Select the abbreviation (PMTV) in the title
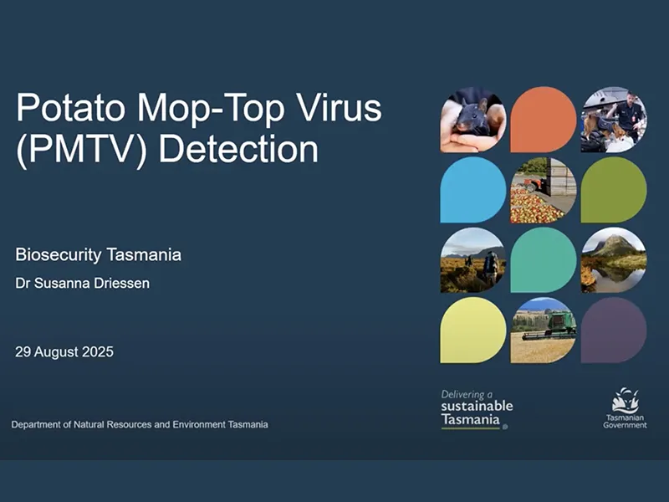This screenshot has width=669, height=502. [x=82, y=151]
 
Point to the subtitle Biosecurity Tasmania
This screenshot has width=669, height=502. [x=99, y=254]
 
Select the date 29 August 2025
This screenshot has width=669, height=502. [x=64, y=351]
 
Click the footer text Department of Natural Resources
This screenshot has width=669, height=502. [x=140, y=425]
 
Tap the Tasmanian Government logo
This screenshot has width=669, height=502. [x=625, y=407]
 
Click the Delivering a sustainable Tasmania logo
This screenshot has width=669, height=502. [x=477, y=409]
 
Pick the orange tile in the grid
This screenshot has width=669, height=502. [x=544, y=120]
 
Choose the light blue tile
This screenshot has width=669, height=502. [x=473, y=190]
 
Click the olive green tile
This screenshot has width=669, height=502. [x=614, y=190]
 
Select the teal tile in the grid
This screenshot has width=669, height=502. [x=544, y=260]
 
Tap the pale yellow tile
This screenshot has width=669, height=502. [x=473, y=330]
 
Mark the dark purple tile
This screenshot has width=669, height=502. [x=614, y=330]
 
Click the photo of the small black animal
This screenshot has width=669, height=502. [x=473, y=120]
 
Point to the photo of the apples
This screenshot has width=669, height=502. [x=544, y=190]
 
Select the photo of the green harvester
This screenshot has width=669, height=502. [x=544, y=330]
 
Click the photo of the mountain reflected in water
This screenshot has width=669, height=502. [x=614, y=260]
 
